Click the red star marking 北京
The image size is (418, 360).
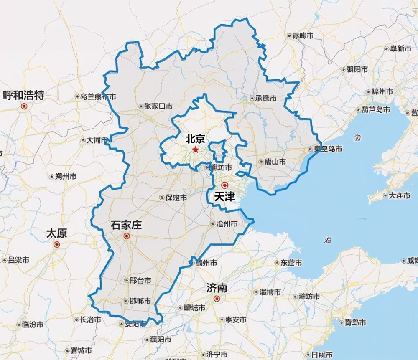195,149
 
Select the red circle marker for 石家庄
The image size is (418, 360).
127,236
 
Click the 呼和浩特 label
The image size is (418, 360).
24,95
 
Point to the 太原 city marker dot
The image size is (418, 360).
57,244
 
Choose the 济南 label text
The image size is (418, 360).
217,288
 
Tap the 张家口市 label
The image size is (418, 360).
158,106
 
